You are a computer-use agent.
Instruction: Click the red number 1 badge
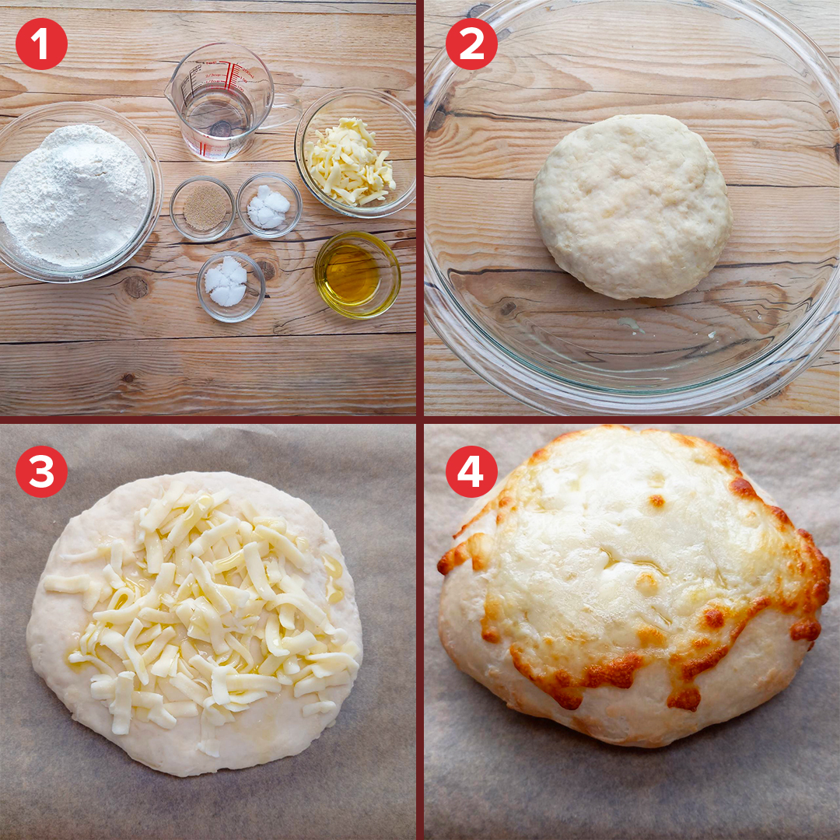point(41,44)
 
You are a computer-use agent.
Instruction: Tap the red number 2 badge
point(471,44)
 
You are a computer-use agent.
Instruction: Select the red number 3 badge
point(41,471)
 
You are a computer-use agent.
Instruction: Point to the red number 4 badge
point(471,471)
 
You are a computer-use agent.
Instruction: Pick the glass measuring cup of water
point(225,102)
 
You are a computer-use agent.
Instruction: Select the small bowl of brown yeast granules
point(202,208)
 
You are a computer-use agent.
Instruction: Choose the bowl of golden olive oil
point(357,275)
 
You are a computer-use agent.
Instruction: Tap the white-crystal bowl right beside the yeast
point(269,205)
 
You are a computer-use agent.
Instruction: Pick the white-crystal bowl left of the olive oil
point(231,286)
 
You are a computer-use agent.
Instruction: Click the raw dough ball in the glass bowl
point(632,207)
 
